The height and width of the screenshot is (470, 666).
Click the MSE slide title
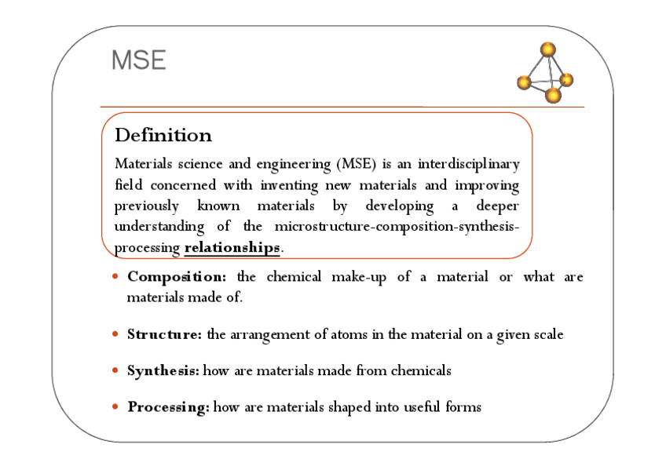click(x=138, y=60)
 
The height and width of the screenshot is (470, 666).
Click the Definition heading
click(x=163, y=136)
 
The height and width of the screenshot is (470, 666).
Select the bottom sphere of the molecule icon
click(x=554, y=96)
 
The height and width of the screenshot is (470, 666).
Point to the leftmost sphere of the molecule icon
click(x=525, y=82)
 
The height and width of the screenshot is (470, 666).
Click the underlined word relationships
click(x=232, y=248)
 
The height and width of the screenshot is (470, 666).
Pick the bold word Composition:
click(x=177, y=277)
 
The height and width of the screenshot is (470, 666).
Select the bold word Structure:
click(x=164, y=334)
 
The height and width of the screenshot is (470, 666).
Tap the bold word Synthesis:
click(x=163, y=370)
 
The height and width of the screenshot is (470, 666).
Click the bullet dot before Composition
click(x=115, y=277)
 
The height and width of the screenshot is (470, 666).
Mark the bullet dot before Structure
click(x=115, y=334)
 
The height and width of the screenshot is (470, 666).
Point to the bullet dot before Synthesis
click(x=115, y=370)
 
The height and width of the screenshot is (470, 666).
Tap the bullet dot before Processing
click(x=115, y=407)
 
